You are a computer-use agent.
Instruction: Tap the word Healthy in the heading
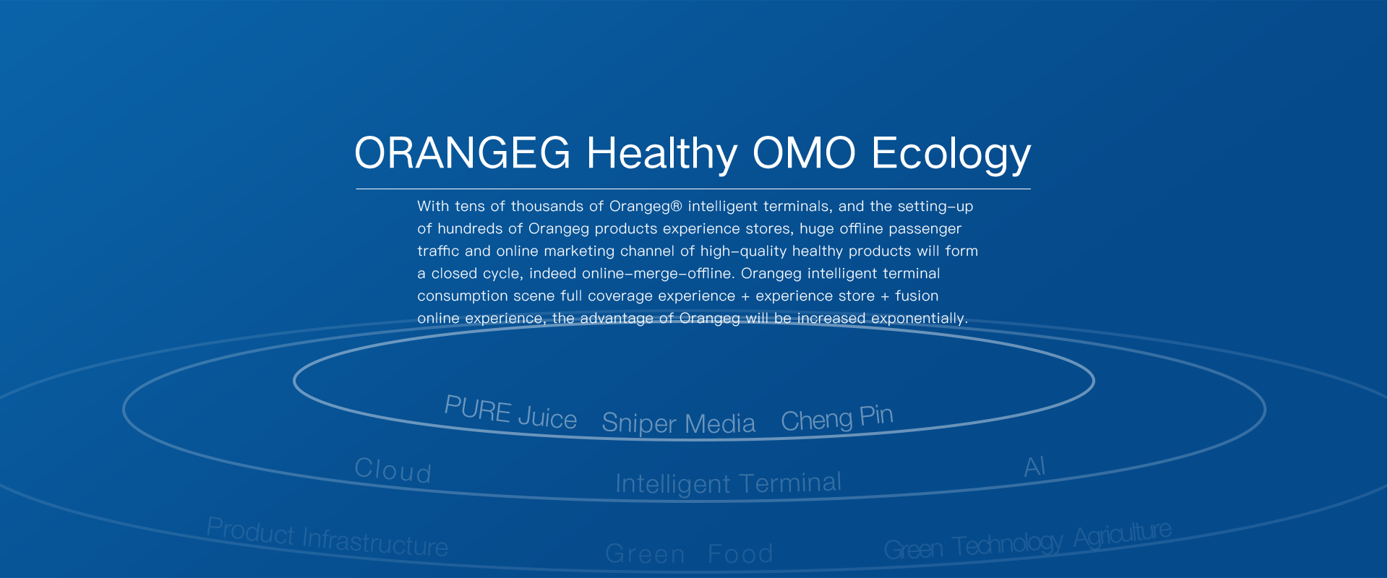(662, 155)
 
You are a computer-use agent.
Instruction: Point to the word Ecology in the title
(951, 155)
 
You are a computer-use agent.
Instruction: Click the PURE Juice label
(510, 413)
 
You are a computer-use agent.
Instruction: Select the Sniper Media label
(678, 423)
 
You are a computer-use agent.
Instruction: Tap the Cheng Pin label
(837, 418)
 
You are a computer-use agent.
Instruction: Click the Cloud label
(393, 470)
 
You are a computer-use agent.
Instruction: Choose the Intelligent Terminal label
(728, 483)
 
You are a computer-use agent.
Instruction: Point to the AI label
(1034, 467)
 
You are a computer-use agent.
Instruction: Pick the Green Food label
(689, 554)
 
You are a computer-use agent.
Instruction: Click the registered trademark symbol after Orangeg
(677, 207)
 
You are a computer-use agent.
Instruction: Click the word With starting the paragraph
(433, 206)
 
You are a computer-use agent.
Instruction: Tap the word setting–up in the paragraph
(935, 207)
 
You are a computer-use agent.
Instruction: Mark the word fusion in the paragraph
(917, 296)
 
